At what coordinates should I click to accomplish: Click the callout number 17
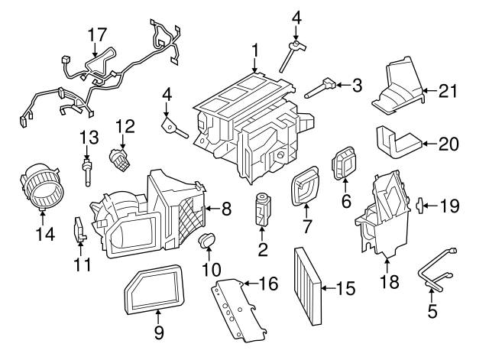(x=97, y=35)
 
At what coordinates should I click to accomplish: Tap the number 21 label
(x=448, y=92)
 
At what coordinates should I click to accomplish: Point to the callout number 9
(x=158, y=332)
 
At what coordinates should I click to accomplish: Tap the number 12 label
(x=125, y=125)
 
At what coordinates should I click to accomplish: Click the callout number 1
(x=255, y=51)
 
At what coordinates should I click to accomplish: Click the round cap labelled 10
(x=207, y=243)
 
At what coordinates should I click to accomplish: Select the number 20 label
(x=448, y=142)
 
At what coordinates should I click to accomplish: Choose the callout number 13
(x=89, y=138)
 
